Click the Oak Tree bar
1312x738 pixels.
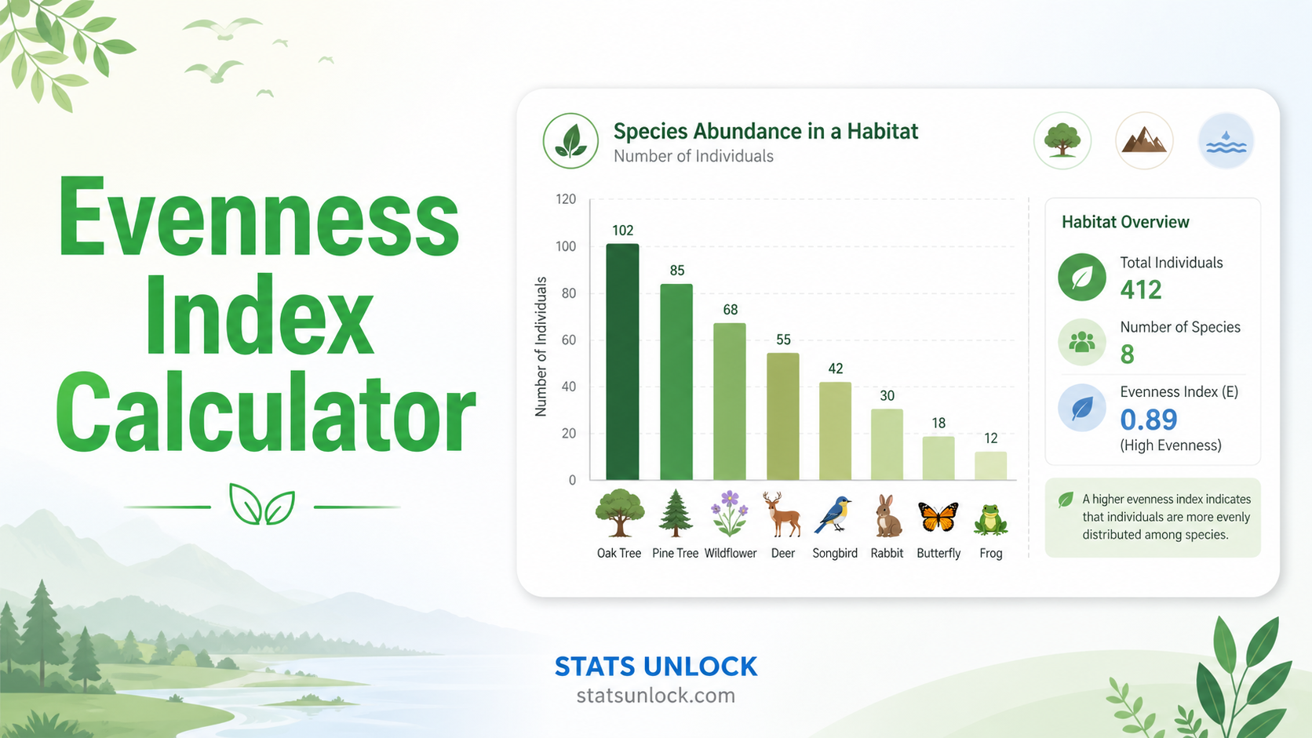point(622,362)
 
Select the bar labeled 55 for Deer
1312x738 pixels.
point(783,416)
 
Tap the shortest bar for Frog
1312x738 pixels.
point(990,466)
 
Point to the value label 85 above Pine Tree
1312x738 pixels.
point(677,271)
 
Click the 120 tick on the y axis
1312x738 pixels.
point(566,199)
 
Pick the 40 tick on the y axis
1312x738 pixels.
point(569,387)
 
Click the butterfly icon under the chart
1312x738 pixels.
point(938,516)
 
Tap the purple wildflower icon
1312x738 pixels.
point(730,513)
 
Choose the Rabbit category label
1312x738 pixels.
point(887,553)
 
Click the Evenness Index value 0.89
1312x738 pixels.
point(1149,420)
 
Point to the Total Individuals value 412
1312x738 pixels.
point(1141,289)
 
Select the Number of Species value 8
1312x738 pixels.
point(1128,354)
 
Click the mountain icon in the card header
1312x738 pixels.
point(1144,141)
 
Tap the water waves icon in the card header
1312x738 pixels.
point(1226,141)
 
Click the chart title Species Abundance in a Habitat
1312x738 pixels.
point(766,131)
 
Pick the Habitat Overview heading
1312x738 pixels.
point(1125,222)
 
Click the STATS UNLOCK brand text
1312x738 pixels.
point(656,667)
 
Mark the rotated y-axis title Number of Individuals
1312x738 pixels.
point(541,347)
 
